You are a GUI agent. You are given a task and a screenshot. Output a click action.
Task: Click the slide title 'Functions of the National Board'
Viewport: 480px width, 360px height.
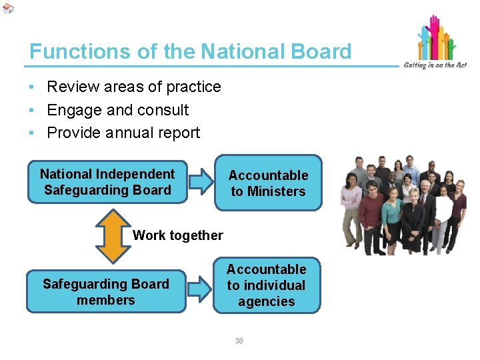pyautogui.click(x=190, y=51)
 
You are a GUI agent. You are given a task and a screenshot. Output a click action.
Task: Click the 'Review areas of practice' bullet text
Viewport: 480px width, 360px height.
pyautogui.click(x=133, y=87)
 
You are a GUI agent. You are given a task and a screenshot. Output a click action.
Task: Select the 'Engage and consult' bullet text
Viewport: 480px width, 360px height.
pyautogui.click(x=117, y=110)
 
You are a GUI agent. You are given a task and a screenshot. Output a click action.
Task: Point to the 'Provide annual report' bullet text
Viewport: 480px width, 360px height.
pyautogui.click(x=123, y=133)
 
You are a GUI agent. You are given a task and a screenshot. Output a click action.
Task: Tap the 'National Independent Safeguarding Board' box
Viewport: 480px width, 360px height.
pyautogui.click(x=107, y=181)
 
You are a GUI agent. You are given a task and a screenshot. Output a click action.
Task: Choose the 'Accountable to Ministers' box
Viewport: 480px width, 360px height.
pyautogui.click(x=268, y=183)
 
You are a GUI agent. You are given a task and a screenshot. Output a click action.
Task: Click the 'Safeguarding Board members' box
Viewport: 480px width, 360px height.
pyautogui.click(x=106, y=292)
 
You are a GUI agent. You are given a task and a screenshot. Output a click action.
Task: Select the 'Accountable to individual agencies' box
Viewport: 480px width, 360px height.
pyautogui.click(x=266, y=285)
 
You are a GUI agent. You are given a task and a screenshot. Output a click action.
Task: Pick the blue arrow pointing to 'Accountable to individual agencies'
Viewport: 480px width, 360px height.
pyautogui.click(x=198, y=289)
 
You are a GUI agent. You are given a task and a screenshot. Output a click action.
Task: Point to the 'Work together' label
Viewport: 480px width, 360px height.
pyautogui.click(x=177, y=235)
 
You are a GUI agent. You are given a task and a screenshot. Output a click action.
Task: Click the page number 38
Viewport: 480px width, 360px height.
pyautogui.click(x=239, y=341)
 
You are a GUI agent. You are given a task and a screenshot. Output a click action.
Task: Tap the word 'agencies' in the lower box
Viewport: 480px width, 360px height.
pyautogui.click(x=266, y=301)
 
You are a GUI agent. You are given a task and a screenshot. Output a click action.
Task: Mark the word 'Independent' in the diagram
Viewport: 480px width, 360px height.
pyautogui.click(x=135, y=174)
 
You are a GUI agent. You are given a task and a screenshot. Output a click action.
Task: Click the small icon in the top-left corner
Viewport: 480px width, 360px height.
pyautogui.click(x=7, y=8)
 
